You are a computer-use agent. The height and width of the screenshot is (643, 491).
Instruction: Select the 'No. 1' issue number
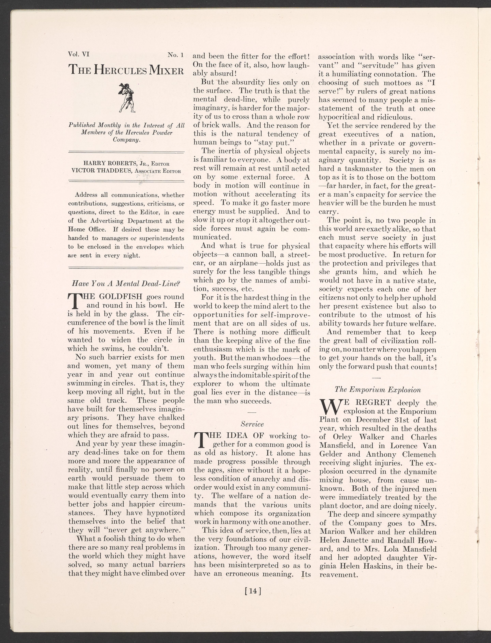pos(175,55)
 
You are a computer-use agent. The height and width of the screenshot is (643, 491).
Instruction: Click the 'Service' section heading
pos(252,424)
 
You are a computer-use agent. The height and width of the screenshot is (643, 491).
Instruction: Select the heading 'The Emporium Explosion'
pos(378,390)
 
